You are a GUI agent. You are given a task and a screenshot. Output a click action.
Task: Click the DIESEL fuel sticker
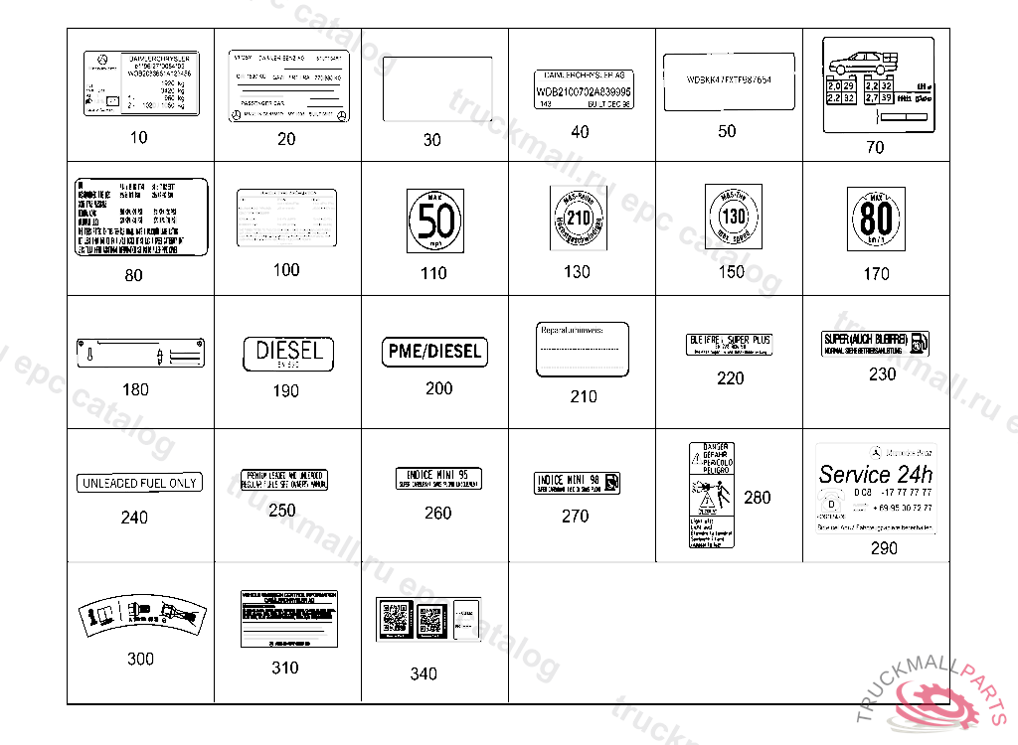[288, 353]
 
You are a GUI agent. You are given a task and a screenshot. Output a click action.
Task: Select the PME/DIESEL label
[433, 352]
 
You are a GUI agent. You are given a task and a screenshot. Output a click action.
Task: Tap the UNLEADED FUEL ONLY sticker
[139, 483]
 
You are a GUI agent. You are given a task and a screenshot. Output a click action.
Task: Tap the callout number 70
[874, 147]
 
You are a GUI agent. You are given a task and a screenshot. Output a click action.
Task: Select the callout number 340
[424, 674]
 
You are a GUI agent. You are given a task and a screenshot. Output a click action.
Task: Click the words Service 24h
[875, 474]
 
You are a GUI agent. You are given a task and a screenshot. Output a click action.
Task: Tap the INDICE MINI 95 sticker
[437, 478]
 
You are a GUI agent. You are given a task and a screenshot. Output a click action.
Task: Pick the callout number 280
[757, 497]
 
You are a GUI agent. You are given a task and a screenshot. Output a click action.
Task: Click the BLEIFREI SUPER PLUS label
[731, 344]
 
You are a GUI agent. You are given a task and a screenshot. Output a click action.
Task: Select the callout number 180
[135, 389]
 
